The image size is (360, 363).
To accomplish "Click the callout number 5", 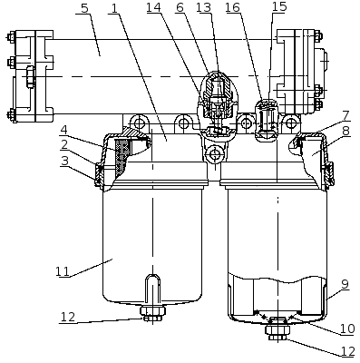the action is (x=84, y=8).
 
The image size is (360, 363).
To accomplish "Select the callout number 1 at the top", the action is (x=114, y=8).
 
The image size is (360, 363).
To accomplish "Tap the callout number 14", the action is (x=154, y=7).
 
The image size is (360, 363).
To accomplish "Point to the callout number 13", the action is (x=203, y=7).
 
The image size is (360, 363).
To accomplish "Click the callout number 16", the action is (x=232, y=8).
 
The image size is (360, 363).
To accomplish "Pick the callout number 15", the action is (x=279, y=6).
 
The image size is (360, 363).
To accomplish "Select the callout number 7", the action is (x=345, y=116).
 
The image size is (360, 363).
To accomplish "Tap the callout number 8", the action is (x=345, y=131).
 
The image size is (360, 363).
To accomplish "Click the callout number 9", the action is (x=345, y=284).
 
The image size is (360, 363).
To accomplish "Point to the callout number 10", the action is (x=347, y=329).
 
